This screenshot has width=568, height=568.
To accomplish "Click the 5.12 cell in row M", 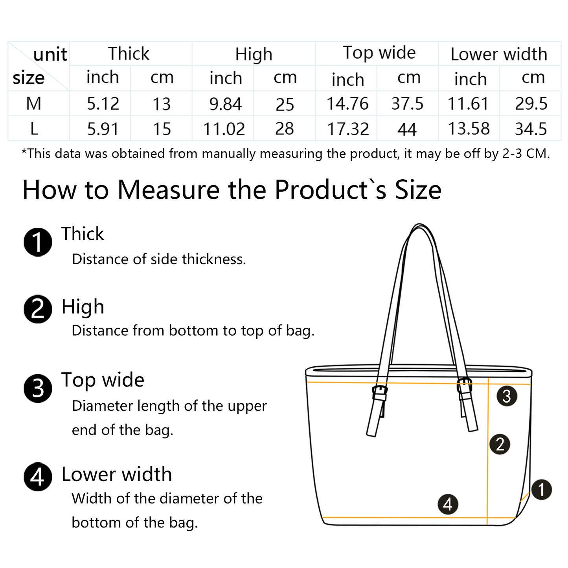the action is click(x=103, y=104).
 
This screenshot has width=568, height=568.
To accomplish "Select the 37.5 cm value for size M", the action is click(x=407, y=104).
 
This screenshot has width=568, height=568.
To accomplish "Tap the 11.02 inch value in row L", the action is click(x=224, y=129).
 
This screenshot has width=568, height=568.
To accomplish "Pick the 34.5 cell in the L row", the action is click(x=531, y=129).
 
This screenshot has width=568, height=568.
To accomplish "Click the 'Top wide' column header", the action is click(x=379, y=53).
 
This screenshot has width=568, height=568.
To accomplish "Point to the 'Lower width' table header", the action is click(x=499, y=54).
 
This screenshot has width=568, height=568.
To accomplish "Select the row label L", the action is click(x=34, y=129).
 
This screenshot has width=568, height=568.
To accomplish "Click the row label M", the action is click(x=33, y=104).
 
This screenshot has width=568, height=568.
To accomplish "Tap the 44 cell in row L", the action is click(x=407, y=129).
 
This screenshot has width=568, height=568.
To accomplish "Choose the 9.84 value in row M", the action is click(x=226, y=104).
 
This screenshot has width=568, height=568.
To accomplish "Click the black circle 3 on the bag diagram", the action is click(x=507, y=396).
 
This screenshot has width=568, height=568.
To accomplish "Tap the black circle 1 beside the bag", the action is click(x=542, y=490).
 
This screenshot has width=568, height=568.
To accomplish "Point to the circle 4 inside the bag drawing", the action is click(x=448, y=504).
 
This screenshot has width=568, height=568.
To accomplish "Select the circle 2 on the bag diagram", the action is click(x=500, y=444).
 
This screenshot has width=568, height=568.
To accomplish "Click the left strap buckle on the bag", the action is click(x=380, y=393).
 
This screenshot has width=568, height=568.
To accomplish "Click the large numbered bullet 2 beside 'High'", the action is click(x=38, y=309).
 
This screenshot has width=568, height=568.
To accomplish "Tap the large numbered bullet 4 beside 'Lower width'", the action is click(x=38, y=477).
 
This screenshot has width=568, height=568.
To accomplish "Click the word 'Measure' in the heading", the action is click(x=169, y=190).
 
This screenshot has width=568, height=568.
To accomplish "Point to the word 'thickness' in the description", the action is click(x=214, y=259).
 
